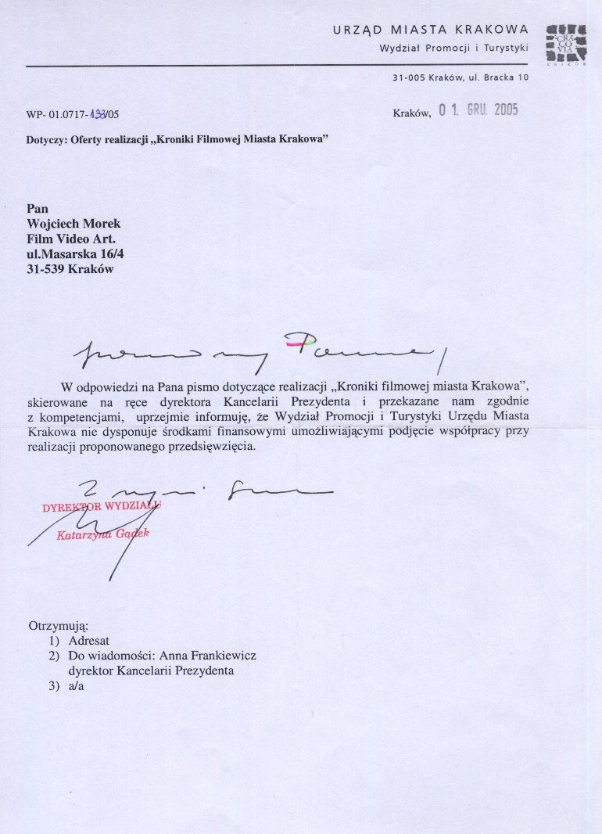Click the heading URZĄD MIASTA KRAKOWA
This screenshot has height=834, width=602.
[431, 30]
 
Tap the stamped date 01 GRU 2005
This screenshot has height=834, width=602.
[478, 110]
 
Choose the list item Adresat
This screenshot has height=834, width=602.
[89, 641]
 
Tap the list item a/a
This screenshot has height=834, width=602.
[76, 686]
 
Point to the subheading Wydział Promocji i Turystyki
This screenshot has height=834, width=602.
[453, 48]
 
